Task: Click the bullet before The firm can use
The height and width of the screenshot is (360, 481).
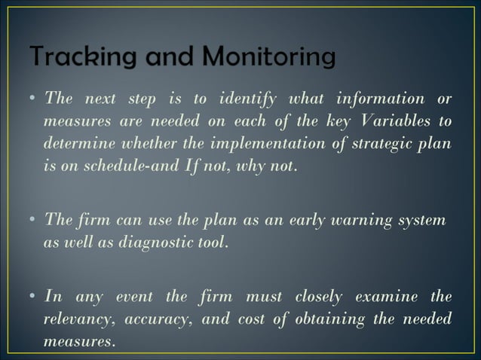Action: pos(35,221)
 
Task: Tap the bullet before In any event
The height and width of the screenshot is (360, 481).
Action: pos(35,297)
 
